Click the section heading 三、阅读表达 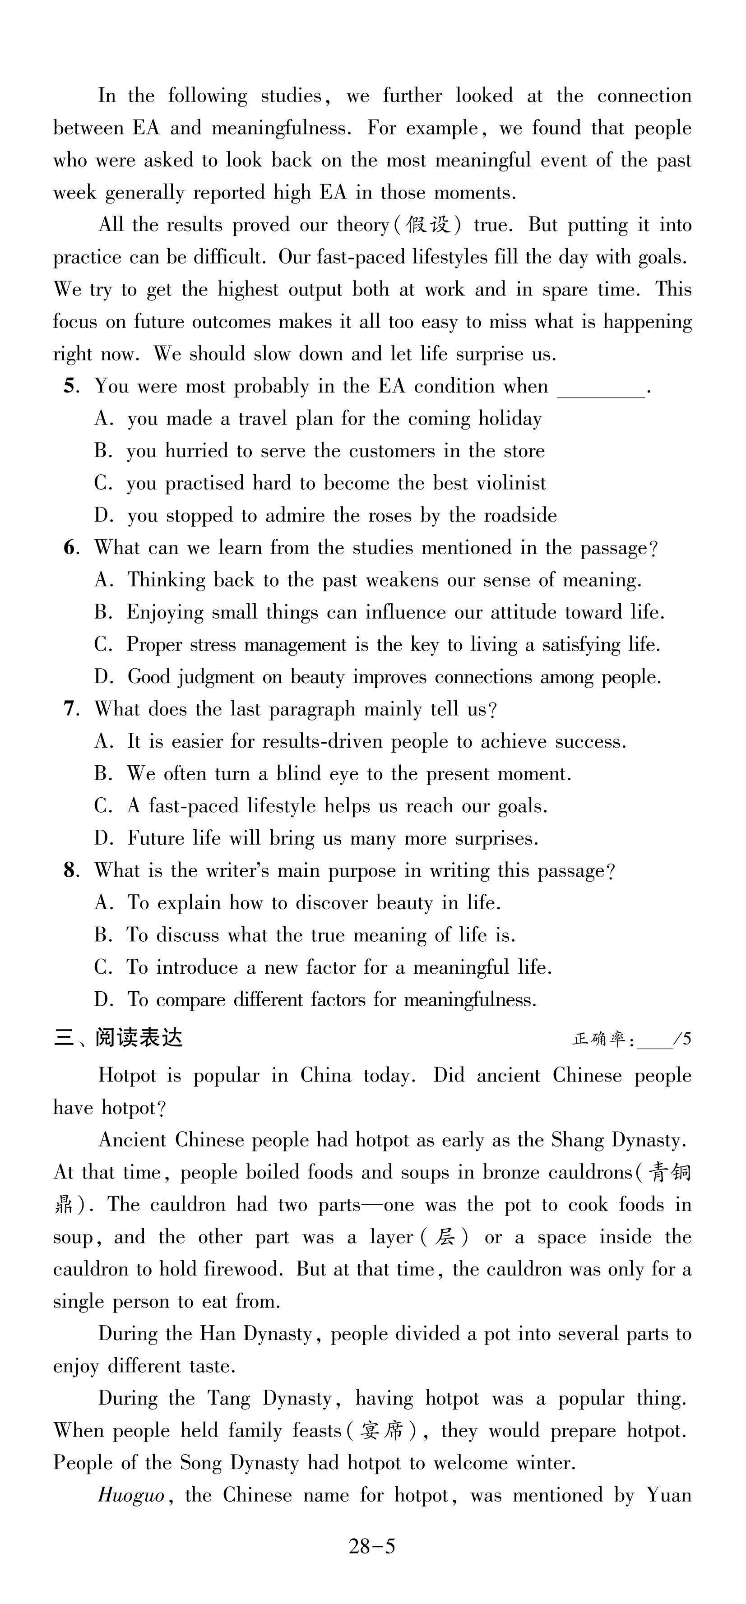118,1038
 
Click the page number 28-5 372,1546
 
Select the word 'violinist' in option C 510,483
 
